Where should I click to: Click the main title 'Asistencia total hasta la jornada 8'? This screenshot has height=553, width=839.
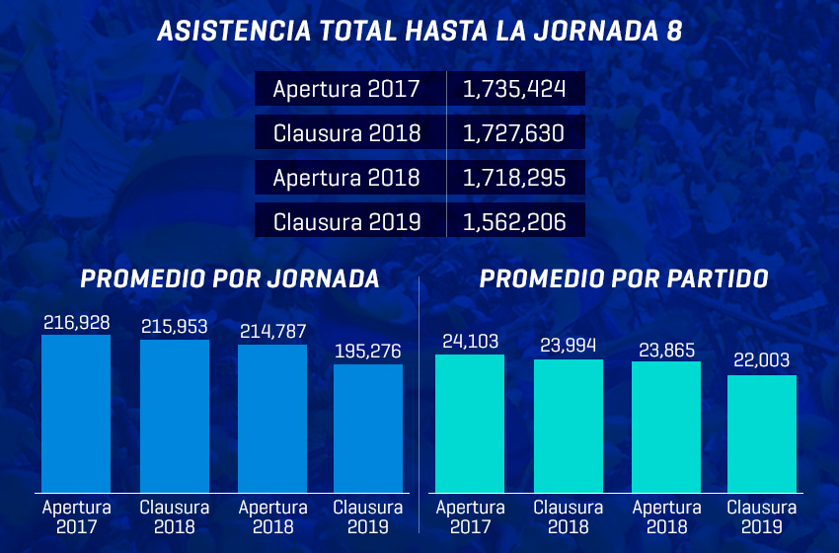pos(419,32)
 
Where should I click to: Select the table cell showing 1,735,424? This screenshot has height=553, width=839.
pos(514,89)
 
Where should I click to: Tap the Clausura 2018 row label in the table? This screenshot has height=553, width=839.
pos(346,133)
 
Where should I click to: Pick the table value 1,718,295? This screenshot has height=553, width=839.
pos(514,178)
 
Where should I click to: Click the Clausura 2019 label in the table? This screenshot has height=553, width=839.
pos(346,222)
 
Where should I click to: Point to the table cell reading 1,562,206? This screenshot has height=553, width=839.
pos(514,222)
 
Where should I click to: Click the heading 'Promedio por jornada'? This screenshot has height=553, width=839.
pos(230,279)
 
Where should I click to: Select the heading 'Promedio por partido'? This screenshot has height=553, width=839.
pos(624,279)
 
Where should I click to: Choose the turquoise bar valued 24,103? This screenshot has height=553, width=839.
pos(470,423)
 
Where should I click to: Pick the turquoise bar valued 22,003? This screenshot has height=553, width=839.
pos(762,434)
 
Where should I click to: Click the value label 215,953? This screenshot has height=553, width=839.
pos(175,325)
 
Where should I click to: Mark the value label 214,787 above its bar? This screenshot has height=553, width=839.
pos(273,331)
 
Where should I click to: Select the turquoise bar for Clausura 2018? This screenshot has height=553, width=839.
pos(569,426)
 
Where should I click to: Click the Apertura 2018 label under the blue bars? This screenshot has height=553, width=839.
pos(273,516)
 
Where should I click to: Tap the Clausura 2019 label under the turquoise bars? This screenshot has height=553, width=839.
pos(762,516)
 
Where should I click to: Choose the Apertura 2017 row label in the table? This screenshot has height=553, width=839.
pos(346,89)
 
